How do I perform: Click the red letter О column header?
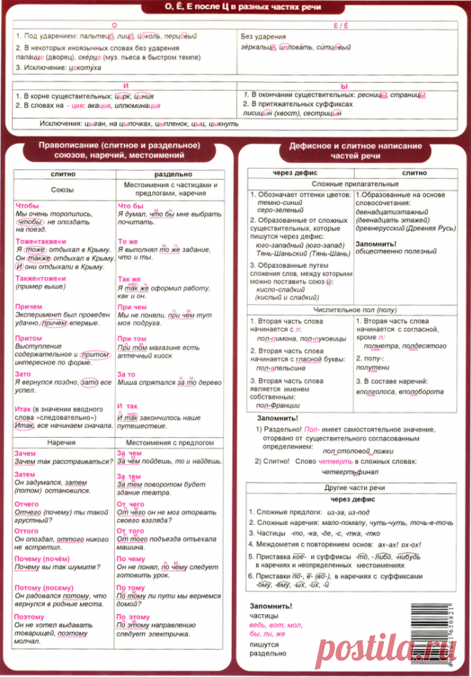(126, 25)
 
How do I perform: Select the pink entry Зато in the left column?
(24, 373)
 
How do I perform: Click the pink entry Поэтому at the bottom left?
(29, 616)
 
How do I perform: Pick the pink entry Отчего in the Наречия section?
(26, 504)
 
